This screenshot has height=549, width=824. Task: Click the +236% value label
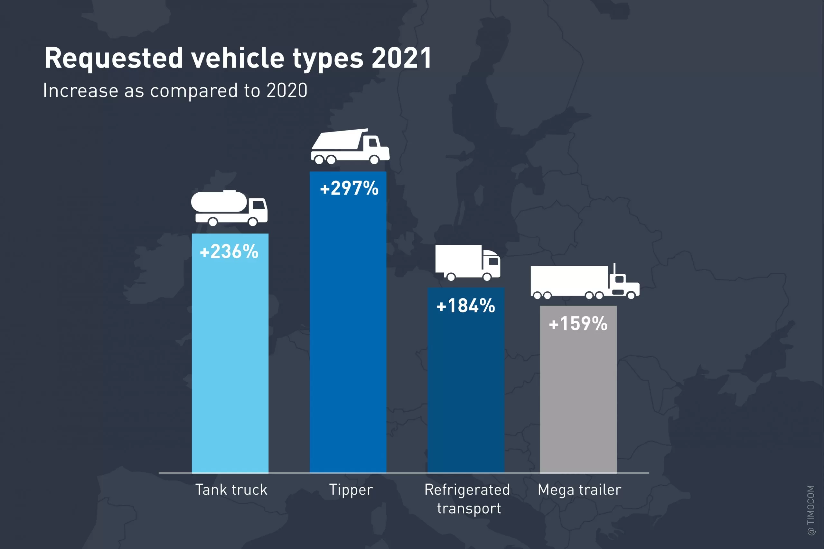pyautogui.click(x=229, y=252)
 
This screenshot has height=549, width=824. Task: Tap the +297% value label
pyautogui.click(x=349, y=188)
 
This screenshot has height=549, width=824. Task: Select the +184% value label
pyautogui.click(x=466, y=306)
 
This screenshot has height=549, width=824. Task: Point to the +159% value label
pyautogui.click(x=578, y=324)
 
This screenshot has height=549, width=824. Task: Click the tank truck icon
pyautogui.click(x=229, y=208)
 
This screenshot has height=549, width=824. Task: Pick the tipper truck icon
pyautogui.click(x=350, y=147)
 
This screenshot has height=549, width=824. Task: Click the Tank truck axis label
pyautogui.click(x=231, y=490)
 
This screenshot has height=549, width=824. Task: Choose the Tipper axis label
pyautogui.click(x=351, y=490)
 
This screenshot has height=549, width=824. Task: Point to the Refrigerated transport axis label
pyautogui.click(x=467, y=499)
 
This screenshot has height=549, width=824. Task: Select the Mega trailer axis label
pyautogui.click(x=579, y=490)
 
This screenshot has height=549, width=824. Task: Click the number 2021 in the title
pyautogui.click(x=401, y=58)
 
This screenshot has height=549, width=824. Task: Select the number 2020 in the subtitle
pyautogui.click(x=287, y=91)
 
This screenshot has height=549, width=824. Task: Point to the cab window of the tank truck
pyautogui.click(x=258, y=205)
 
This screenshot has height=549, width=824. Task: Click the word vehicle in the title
pyautogui.click(x=238, y=58)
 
